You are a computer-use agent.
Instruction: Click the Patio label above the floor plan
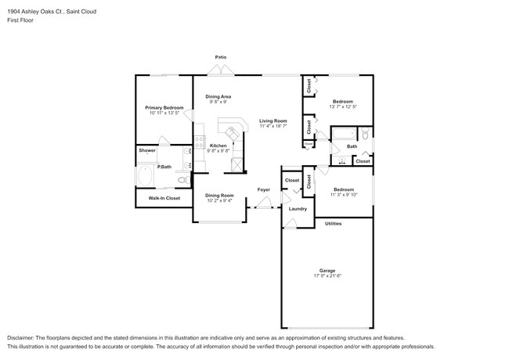pos(222,57)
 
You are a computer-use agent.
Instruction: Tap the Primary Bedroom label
pos(164,107)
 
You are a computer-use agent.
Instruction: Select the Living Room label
pos(273,121)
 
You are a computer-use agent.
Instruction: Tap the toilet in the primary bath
pos(182,179)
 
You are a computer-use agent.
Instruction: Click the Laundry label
pos(297,209)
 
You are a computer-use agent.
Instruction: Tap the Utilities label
pos(334,224)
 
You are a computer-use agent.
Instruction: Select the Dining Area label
pos(218,96)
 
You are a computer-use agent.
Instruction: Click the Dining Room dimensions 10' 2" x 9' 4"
pos(219,200)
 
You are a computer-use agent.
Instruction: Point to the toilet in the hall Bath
pos(366,142)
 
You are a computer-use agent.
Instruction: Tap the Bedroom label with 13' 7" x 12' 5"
pos(342,102)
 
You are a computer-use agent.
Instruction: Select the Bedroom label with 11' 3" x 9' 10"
pos(342,189)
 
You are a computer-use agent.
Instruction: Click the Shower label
pos(147,150)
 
